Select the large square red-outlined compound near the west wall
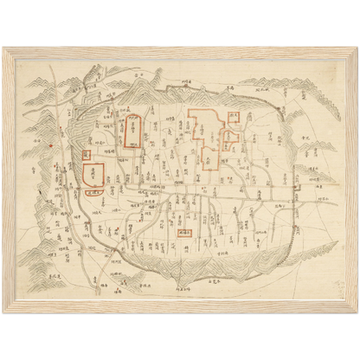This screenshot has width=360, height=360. coord(94,171)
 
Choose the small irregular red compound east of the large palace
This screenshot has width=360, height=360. coord(232,138)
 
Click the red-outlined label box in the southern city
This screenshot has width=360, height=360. coord(183,232)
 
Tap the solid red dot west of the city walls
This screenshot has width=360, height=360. coord(52,145)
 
